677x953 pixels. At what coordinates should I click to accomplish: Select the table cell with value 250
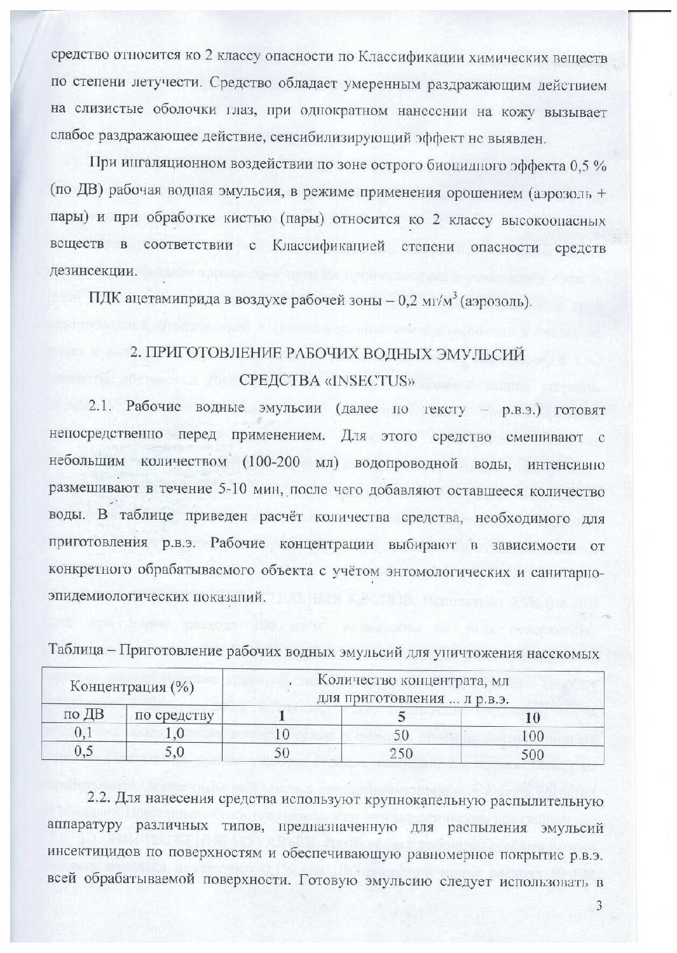click(x=400, y=754)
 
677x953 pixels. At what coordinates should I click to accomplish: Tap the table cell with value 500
click(x=532, y=754)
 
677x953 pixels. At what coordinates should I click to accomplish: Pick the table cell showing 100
click(x=532, y=736)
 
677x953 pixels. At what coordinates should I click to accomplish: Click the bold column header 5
click(x=400, y=717)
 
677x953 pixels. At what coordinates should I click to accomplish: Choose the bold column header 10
click(x=532, y=718)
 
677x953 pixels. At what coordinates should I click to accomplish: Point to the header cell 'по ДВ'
click(x=84, y=715)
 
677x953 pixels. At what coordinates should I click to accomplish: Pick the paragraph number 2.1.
click(x=101, y=407)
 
